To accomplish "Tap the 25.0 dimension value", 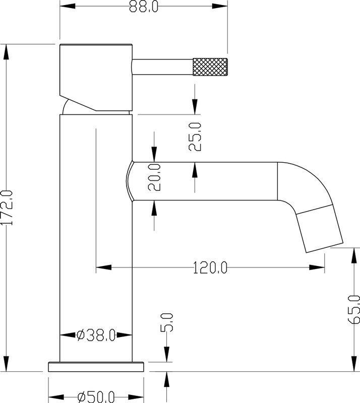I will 196,137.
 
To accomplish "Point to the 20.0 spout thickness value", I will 154,177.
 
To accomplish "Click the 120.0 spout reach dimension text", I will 210,267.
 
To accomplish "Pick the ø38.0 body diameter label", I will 96,334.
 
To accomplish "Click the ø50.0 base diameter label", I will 96,396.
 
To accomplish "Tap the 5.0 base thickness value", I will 167,322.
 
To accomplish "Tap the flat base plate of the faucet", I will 96,366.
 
